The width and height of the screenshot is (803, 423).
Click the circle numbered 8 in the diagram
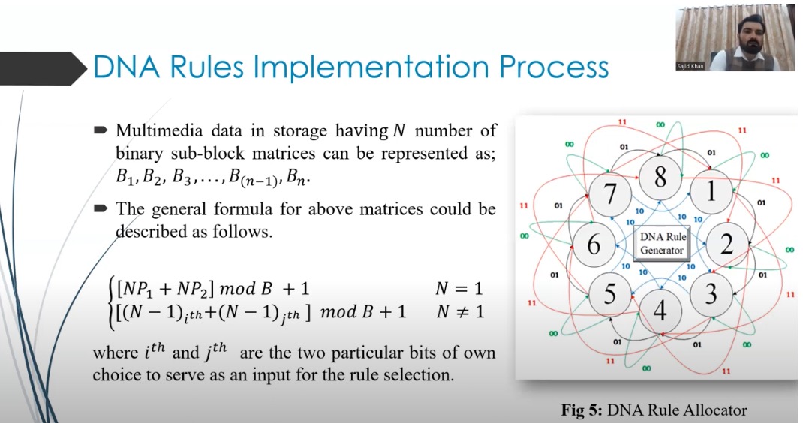[x=660, y=178]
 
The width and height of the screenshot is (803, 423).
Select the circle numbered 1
[x=711, y=191]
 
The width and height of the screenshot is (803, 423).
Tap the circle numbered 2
[x=727, y=244]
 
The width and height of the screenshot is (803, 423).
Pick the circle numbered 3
[x=711, y=294]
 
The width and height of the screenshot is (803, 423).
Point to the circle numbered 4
[x=660, y=310]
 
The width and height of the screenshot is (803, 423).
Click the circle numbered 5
[x=609, y=294]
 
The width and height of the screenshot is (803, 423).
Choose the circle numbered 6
[x=594, y=244]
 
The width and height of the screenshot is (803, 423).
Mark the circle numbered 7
[x=610, y=194]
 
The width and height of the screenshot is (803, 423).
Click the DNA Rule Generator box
[x=662, y=244]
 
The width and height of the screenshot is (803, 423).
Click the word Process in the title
[x=554, y=67]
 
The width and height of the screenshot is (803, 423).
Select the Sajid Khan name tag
[x=690, y=66]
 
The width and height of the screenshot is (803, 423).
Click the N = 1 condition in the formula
[x=459, y=289]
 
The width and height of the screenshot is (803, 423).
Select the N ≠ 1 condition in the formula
[x=460, y=311]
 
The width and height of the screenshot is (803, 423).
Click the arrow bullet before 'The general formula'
[x=101, y=208]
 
